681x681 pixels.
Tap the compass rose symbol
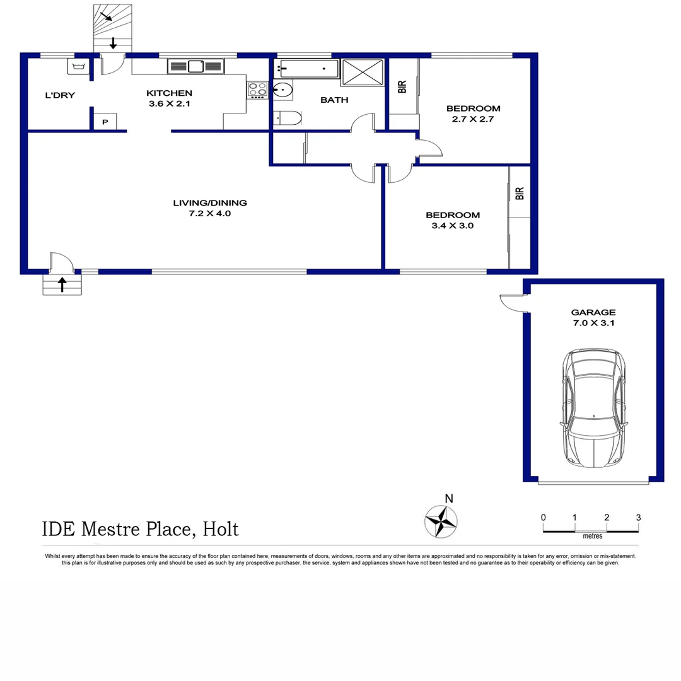(441, 521)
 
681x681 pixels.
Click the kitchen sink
(196, 66)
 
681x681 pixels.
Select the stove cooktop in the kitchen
(257, 90)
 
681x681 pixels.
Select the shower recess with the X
(363, 72)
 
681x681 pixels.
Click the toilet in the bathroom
(291, 119)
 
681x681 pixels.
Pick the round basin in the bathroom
(284, 91)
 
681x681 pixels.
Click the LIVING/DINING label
(210, 203)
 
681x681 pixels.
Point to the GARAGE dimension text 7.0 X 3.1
(593, 324)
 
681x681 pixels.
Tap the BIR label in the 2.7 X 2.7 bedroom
(402, 87)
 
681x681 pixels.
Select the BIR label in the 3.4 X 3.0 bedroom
(520, 194)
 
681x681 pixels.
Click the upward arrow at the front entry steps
(62, 285)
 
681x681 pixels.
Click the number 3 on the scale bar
(638, 518)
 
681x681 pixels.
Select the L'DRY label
(60, 96)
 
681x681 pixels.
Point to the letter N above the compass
(448, 498)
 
